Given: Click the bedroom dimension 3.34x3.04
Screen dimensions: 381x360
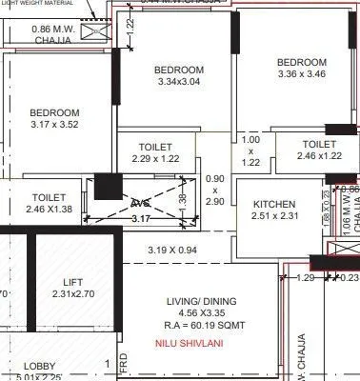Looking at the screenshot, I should (x=179, y=82).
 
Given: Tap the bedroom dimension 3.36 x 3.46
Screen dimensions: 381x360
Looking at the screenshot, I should (x=301, y=73).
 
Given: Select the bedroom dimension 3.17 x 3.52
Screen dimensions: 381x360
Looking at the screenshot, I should (x=53, y=125).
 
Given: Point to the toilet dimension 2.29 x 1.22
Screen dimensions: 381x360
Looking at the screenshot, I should (x=155, y=160).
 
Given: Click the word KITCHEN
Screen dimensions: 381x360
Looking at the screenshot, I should (x=274, y=204).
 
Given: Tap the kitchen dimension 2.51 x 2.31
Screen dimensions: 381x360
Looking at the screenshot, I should (x=273, y=216).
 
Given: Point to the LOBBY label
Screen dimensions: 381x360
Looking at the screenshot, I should (x=39, y=367).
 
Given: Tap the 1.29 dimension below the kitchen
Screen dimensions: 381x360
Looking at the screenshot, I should (x=305, y=278).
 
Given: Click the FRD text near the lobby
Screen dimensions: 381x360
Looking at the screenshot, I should (x=124, y=365).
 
